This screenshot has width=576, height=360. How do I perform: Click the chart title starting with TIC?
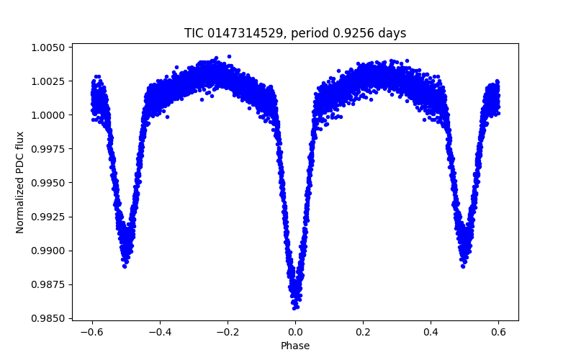coord(295,33)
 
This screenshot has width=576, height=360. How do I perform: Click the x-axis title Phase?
coord(295,346)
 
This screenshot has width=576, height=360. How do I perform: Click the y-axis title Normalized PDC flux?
coord(20,182)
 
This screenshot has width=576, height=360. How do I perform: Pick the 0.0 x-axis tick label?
coord(295,332)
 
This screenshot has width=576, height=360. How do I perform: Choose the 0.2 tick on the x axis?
coord(363,332)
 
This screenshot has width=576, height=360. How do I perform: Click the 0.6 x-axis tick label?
coord(498,332)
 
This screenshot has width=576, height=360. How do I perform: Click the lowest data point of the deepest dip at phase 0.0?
coord(295,307)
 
